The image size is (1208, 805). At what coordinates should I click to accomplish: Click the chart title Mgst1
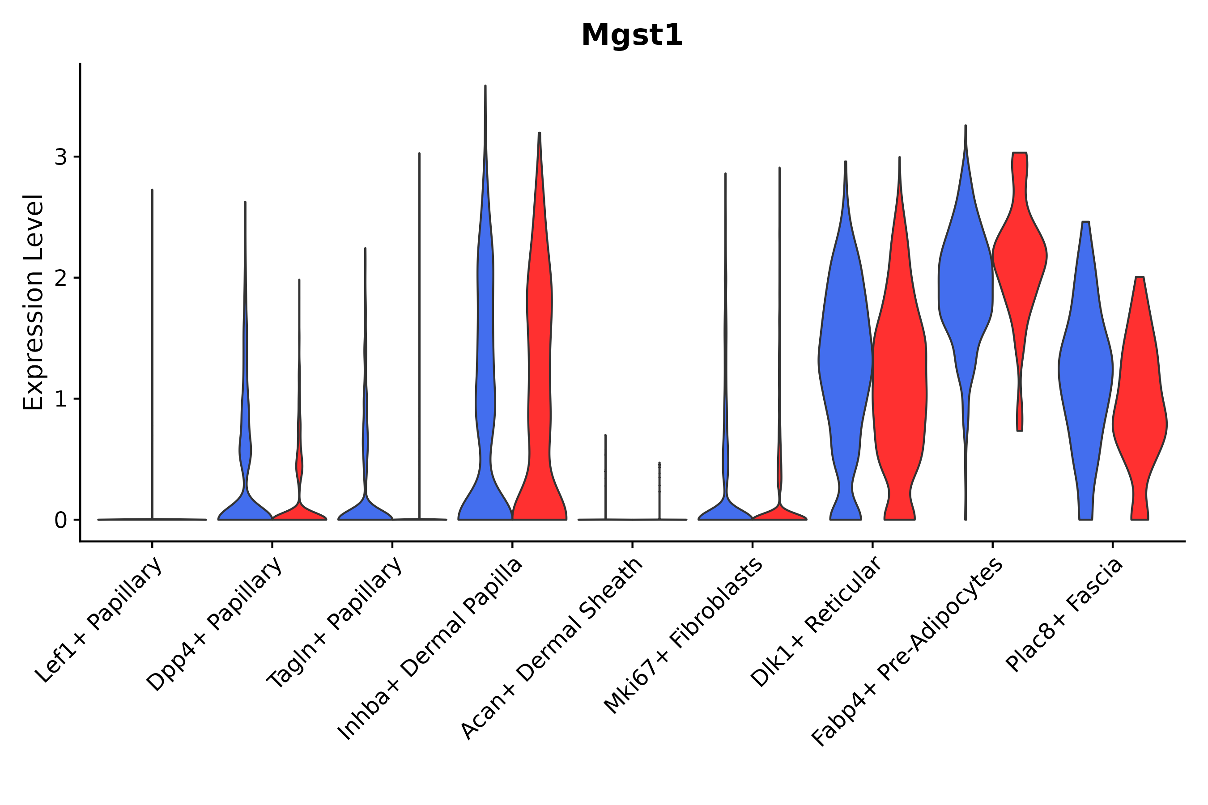tap(632, 36)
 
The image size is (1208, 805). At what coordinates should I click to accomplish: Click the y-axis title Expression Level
tap(34, 302)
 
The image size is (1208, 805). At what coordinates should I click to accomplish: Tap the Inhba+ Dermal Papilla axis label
tap(430, 649)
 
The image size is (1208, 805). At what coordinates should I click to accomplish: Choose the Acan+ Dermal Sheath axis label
tap(552, 649)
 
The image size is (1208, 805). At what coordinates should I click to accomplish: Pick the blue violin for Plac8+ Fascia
tap(1085, 370)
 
